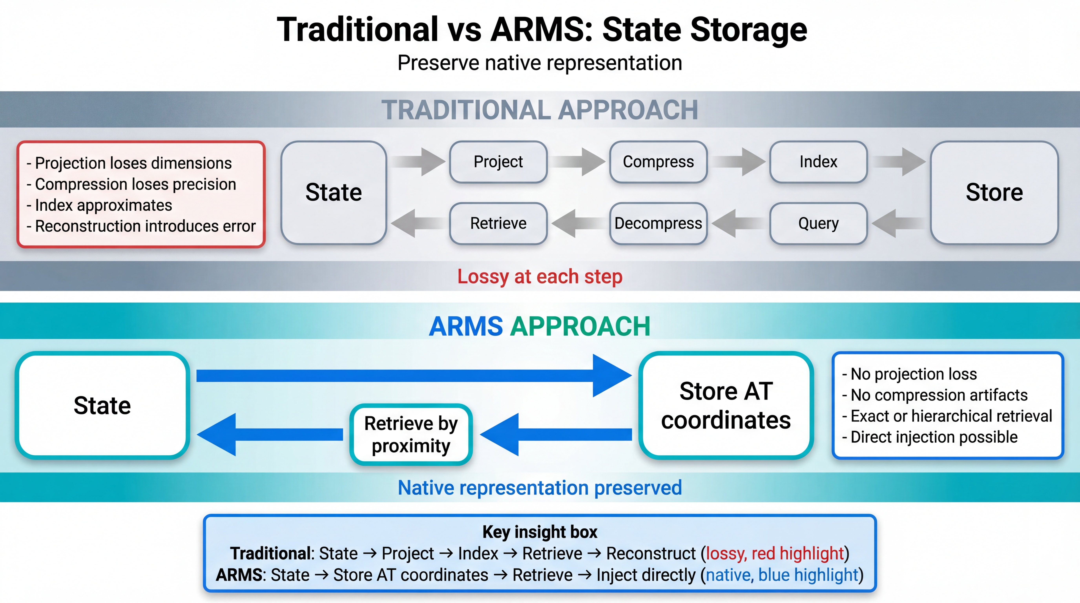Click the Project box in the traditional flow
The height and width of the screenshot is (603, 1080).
click(x=498, y=162)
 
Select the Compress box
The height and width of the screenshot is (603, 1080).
click(x=658, y=162)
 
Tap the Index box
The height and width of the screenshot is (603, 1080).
click(x=818, y=162)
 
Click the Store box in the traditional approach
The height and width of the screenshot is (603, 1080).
click(x=994, y=193)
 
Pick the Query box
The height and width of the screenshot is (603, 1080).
click(x=818, y=224)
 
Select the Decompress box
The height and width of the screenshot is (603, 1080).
click(x=658, y=224)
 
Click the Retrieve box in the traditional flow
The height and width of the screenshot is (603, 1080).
click(x=498, y=224)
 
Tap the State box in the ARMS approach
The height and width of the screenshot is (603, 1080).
click(x=102, y=406)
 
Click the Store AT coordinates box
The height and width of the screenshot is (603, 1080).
click(x=726, y=406)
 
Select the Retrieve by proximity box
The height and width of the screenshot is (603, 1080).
click(x=411, y=434)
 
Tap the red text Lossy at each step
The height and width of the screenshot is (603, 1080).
click(x=540, y=277)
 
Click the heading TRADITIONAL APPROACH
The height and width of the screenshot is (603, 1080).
click(x=540, y=110)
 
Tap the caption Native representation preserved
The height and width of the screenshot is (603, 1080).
click(x=540, y=488)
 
